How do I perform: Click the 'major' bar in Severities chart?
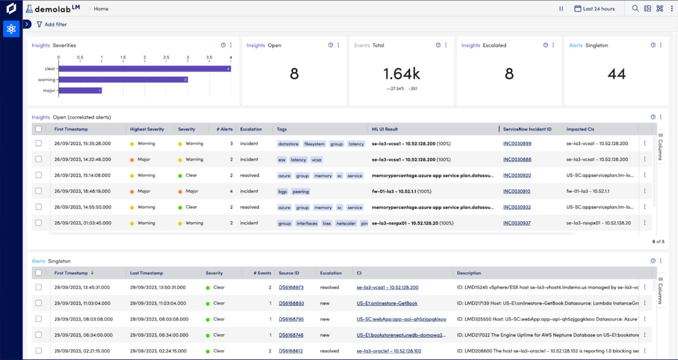pos(80,91)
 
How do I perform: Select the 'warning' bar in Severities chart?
pos(123,80)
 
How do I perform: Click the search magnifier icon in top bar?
pos(635,8)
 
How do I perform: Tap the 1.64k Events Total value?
pos(401,74)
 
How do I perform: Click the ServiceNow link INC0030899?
pos(517,144)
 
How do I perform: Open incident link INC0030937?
pos(517,223)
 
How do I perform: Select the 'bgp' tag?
pos(282,192)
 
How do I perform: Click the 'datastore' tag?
pos(288,144)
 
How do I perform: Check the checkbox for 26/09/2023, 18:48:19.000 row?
pos(39,191)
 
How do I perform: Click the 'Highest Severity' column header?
pos(147,129)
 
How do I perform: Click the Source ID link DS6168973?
pos(291,288)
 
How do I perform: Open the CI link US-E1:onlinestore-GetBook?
pos(387,303)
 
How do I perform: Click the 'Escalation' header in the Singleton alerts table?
pos(331,273)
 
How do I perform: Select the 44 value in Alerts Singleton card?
pos(616,74)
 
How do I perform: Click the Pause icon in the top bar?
pos(561,9)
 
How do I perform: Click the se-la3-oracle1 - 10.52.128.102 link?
pos(388,351)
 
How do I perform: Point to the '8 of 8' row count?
pos(658,242)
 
